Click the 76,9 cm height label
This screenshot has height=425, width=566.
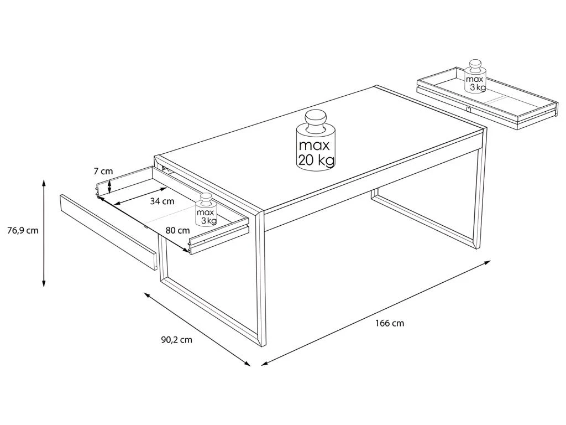[x=23, y=230]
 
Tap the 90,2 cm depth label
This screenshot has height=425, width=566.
[x=176, y=340]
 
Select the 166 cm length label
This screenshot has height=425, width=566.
[x=390, y=323]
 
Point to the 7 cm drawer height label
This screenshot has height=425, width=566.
[x=103, y=172]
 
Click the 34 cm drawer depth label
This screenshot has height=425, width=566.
[x=162, y=201]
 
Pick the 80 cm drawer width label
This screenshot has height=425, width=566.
[x=177, y=230]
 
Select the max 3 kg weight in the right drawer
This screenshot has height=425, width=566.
[x=475, y=76]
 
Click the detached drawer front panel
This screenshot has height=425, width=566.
[x=109, y=232]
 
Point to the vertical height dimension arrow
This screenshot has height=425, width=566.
[x=44, y=233]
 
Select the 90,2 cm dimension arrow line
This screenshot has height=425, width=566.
[x=197, y=329]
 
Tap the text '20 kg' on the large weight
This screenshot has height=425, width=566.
[x=316, y=159]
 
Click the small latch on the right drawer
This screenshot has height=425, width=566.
[x=468, y=109]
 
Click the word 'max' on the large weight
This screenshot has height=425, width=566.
[x=315, y=146]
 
